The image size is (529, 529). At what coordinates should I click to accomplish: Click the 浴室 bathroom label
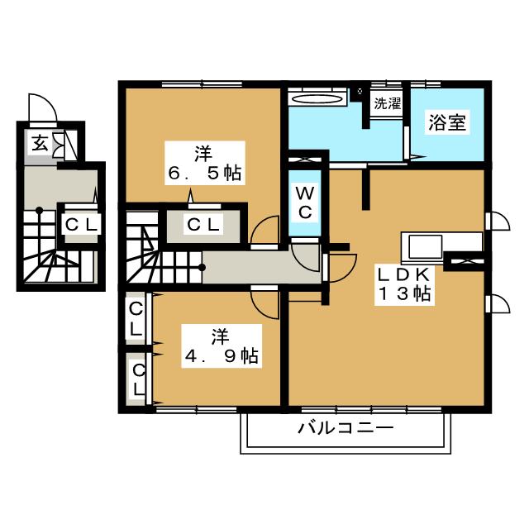[447, 122]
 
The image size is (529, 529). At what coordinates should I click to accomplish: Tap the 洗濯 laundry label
[388, 103]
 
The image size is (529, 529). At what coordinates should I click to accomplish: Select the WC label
[305, 203]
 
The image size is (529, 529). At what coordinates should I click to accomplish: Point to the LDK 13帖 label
[404, 284]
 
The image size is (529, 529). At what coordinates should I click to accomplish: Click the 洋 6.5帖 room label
[205, 163]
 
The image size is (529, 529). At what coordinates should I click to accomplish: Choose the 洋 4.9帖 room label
[222, 346]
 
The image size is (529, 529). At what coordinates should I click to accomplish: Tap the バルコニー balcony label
[346, 429]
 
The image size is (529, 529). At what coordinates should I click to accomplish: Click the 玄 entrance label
[40, 142]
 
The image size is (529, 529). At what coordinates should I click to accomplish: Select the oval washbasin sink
[317, 99]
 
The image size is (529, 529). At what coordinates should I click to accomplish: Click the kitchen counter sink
[425, 246]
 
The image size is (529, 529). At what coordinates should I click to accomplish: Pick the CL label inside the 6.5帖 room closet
[204, 224]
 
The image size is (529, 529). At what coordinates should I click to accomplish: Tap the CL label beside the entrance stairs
[82, 224]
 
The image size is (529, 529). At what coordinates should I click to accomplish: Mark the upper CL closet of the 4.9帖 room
[136, 319]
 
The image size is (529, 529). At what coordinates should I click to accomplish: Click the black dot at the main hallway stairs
[202, 268]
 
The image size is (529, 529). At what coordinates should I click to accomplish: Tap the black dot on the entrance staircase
[40, 211]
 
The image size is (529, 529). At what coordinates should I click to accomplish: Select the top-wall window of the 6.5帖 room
[202, 83]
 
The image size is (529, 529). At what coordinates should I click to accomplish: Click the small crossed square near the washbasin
[360, 91]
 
